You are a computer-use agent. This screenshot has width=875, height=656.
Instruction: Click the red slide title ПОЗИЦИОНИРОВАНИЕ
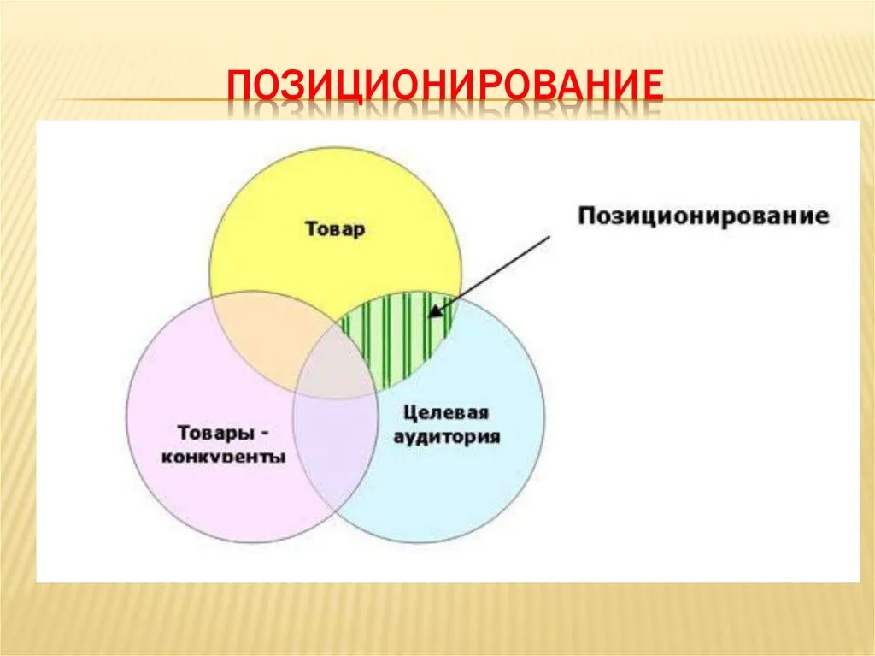click(x=445, y=86)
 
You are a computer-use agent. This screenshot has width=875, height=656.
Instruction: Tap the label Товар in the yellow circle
click(x=335, y=229)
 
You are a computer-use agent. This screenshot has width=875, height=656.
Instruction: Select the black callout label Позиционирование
click(x=703, y=216)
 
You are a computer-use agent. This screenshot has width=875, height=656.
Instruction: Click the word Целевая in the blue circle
click(x=446, y=413)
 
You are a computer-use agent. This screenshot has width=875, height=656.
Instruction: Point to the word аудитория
click(x=447, y=436)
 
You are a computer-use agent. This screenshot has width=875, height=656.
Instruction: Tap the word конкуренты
click(x=223, y=457)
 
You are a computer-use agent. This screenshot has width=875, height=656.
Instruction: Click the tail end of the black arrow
click(x=549, y=236)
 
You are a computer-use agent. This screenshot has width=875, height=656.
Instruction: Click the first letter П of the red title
click(x=239, y=87)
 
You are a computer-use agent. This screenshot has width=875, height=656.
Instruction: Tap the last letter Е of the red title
click(x=653, y=87)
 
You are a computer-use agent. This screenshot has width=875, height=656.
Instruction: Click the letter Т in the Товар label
click(x=311, y=228)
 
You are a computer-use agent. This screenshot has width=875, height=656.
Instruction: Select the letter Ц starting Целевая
click(x=410, y=413)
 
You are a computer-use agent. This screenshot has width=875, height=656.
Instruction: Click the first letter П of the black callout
click(x=585, y=216)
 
